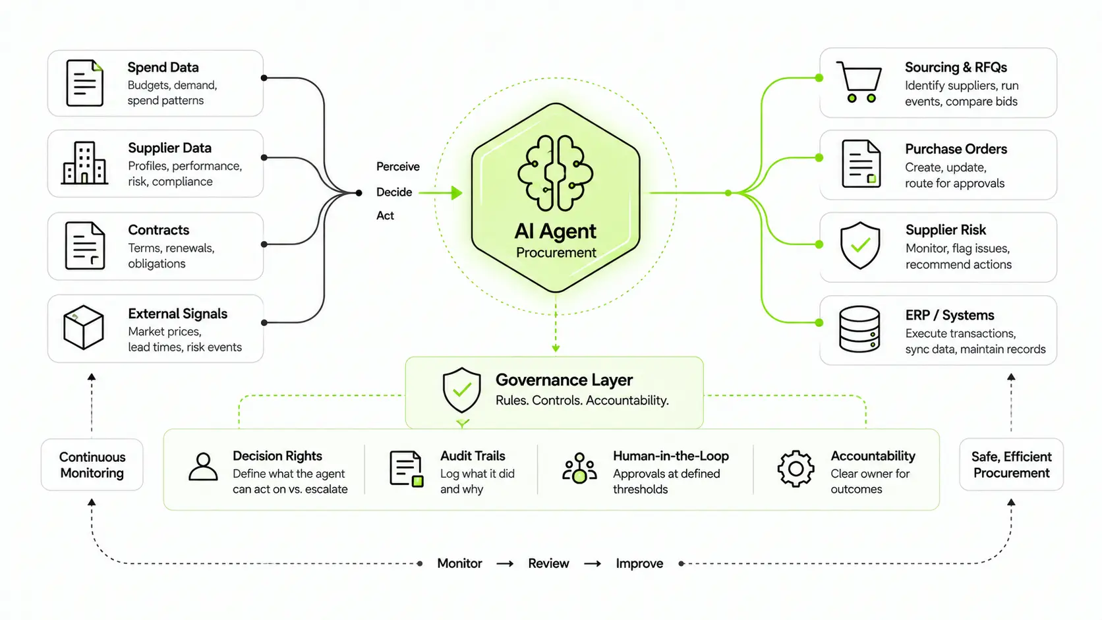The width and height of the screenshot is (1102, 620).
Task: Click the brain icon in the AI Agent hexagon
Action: click(x=556, y=173)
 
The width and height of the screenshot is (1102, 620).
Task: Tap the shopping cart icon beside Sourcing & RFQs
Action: click(x=859, y=82)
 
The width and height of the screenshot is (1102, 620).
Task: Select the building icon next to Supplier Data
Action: click(x=84, y=163)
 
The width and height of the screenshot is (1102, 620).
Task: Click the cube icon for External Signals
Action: click(x=84, y=327)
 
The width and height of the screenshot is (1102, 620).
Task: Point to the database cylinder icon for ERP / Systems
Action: click(x=859, y=329)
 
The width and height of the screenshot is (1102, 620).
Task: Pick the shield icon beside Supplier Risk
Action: click(x=860, y=245)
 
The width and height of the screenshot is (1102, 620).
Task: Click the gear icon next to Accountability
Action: click(x=796, y=468)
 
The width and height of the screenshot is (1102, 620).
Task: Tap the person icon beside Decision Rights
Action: click(x=203, y=466)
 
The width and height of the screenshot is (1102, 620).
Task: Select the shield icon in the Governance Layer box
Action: click(x=461, y=390)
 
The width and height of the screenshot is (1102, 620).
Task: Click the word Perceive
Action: click(x=398, y=167)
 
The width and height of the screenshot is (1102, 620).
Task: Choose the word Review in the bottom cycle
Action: click(x=548, y=563)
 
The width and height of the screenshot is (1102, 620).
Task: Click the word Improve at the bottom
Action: click(x=639, y=563)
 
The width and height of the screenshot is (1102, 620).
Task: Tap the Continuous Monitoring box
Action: click(x=92, y=465)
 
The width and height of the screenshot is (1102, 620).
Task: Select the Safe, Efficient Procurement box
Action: click(x=1011, y=465)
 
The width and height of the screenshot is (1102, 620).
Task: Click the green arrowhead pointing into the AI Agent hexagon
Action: click(x=457, y=193)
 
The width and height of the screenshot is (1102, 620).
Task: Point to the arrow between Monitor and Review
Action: click(x=505, y=564)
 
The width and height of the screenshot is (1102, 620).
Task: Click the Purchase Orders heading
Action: click(x=956, y=149)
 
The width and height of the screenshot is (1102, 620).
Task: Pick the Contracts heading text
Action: click(x=158, y=230)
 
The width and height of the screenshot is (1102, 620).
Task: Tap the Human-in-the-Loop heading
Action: click(x=670, y=456)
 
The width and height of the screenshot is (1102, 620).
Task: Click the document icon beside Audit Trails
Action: click(x=407, y=469)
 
